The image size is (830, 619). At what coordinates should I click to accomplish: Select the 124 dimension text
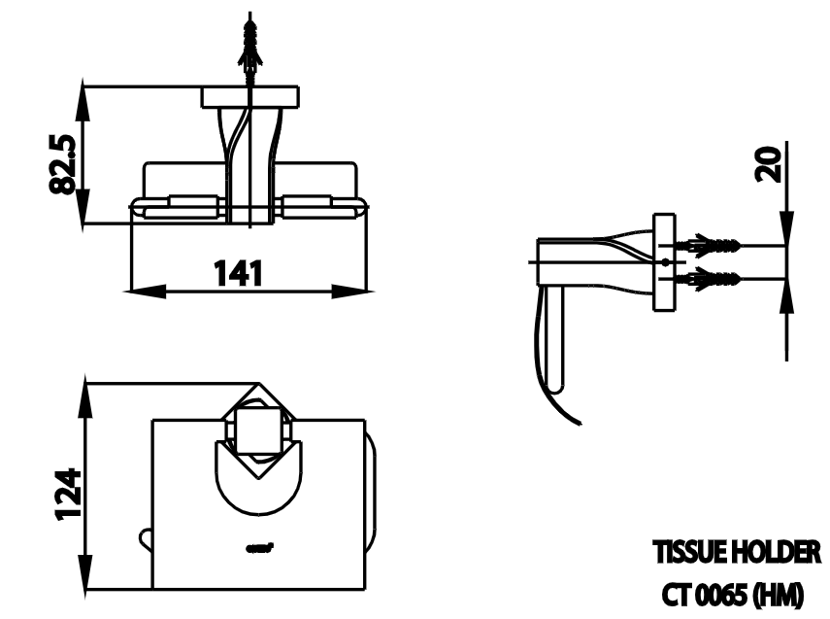click(x=65, y=495)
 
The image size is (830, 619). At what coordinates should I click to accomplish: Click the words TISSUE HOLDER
click(x=736, y=554)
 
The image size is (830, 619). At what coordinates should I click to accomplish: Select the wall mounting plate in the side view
click(x=664, y=263)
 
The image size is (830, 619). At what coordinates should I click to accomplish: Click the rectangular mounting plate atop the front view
click(x=250, y=97)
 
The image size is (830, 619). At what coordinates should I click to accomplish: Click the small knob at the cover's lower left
click(x=146, y=535)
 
